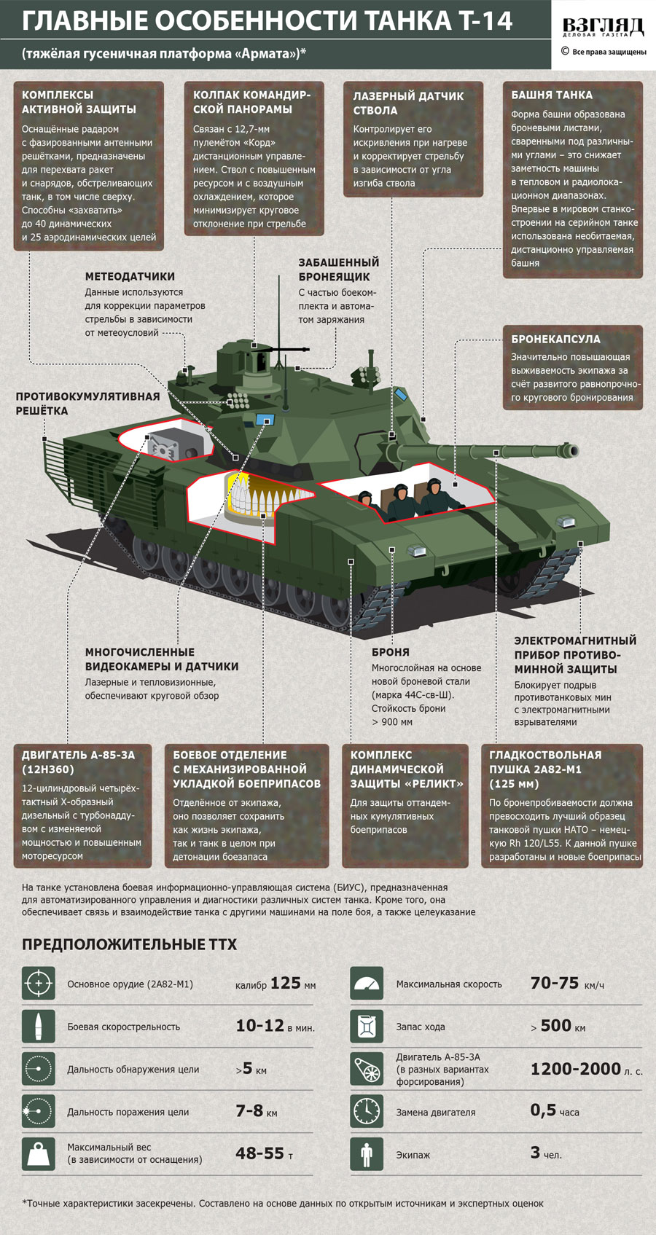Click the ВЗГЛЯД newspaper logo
pyautogui.click(x=603, y=28)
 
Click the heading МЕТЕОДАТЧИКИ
pyautogui.click(x=130, y=276)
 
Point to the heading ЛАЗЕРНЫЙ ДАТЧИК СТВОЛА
pyautogui.click(x=408, y=103)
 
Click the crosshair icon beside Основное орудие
pyautogui.click(x=38, y=984)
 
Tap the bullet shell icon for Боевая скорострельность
pyautogui.click(x=38, y=1026)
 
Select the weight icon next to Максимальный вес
pyautogui.click(x=38, y=1153)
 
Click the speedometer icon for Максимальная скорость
pyautogui.click(x=367, y=984)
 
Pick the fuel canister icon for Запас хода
pyautogui.click(x=367, y=1026)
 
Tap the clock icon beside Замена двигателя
pyautogui.click(x=367, y=1111)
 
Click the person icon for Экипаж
pyautogui.click(x=367, y=1153)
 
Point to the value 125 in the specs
pyautogui.click(x=286, y=983)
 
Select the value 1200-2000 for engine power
pyautogui.click(x=575, y=1068)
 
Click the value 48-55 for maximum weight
pyautogui.click(x=259, y=1153)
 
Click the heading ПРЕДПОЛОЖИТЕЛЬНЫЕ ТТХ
pyautogui.click(x=129, y=944)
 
